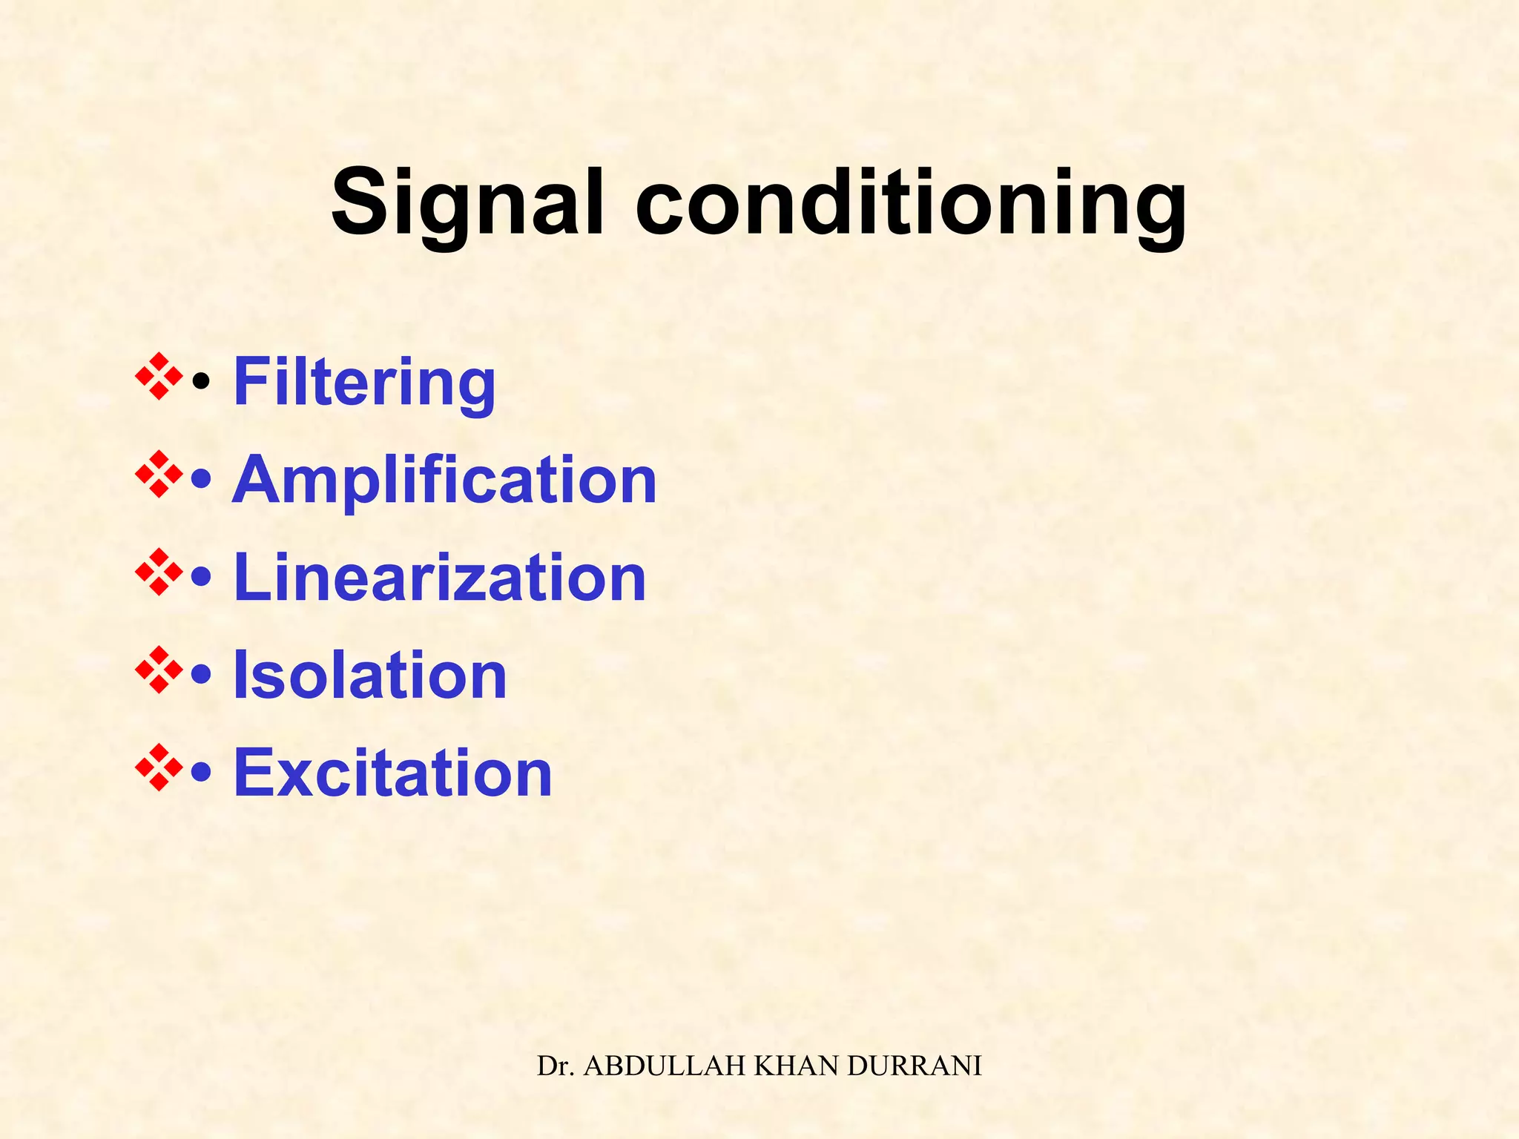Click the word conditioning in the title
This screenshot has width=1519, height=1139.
point(911,204)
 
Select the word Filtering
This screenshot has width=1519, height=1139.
point(364,383)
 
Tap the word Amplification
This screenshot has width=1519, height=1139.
point(444,480)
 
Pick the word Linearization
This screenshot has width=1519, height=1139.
point(440,578)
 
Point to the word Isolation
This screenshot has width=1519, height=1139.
point(370,675)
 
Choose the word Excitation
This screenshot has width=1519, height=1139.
point(393,773)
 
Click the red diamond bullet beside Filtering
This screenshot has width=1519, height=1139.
point(159,377)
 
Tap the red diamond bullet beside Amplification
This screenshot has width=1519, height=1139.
point(159,474)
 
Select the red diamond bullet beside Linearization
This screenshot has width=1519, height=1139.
point(159,572)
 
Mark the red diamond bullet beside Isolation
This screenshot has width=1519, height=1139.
point(159,670)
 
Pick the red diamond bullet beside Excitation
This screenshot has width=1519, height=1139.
point(159,767)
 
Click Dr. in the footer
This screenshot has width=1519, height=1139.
point(557,1066)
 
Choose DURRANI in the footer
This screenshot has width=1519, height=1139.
point(915,1066)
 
